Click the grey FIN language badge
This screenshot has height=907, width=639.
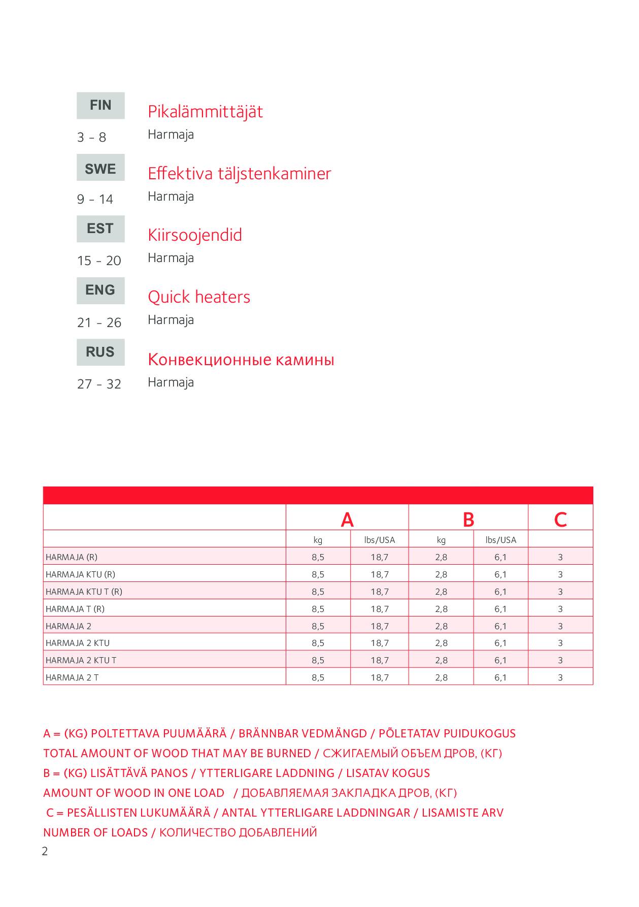pyautogui.click(x=100, y=105)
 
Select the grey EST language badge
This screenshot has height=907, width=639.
pyautogui.click(x=100, y=229)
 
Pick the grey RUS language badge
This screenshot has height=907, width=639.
pyautogui.click(x=100, y=352)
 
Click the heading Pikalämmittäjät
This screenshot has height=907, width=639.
pyautogui.click(x=205, y=111)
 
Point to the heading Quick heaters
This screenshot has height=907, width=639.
pyautogui.click(x=199, y=297)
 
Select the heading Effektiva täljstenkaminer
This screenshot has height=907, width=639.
pyautogui.click(x=239, y=174)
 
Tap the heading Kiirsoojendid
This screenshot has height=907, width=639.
pyautogui.click(x=195, y=235)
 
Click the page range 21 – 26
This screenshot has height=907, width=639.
pyautogui.click(x=99, y=322)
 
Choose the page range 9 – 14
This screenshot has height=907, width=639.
pyautogui.click(x=95, y=199)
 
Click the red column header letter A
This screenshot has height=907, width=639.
pyautogui.click(x=347, y=520)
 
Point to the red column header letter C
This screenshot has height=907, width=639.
pyautogui.click(x=560, y=520)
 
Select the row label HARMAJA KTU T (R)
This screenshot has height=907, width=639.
pyautogui.click(x=84, y=592)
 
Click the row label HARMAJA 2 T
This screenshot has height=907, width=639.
pyautogui.click(x=72, y=677)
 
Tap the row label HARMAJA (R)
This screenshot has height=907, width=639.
pyautogui.click(x=72, y=557)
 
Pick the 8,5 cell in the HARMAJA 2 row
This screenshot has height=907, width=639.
pyautogui.click(x=318, y=626)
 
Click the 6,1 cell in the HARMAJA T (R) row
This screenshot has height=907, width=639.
pyautogui.click(x=500, y=609)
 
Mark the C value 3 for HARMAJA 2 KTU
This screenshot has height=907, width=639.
pyautogui.click(x=560, y=643)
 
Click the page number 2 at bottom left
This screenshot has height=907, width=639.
pyautogui.click(x=45, y=852)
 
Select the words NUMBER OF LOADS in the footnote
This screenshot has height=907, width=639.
pyautogui.click(x=95, y=832)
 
